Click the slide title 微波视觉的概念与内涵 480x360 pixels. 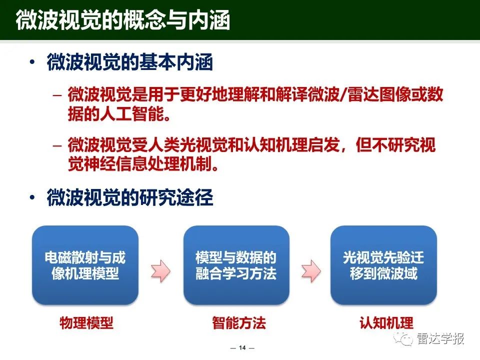tap(123, 20)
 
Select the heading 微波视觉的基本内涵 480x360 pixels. tap(130, 62)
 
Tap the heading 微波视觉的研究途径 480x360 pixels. tap(130, 197)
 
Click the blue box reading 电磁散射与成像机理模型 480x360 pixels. tap(85, 265)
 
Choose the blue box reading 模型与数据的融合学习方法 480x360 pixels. tap(236, 265)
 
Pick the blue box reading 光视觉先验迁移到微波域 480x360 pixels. tap(383, 265)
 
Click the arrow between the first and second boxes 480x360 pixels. tap(160, 271)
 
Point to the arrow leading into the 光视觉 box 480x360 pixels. tap(311, 271)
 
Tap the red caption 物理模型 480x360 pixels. tap(86, 323)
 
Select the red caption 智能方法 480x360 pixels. tap(239, 323)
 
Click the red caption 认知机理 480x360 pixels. tap(386, 323)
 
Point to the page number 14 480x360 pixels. tap(242, 348)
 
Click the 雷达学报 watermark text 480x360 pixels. tap(440, 338)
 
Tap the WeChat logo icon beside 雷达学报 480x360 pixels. tap(403, 339)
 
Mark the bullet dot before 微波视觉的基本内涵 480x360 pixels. tap(32, 62)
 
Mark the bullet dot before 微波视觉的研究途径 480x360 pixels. tap(32, 197)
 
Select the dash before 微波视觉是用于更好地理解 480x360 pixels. tap(57, 95)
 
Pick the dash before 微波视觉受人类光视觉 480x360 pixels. tap(57, 145)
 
